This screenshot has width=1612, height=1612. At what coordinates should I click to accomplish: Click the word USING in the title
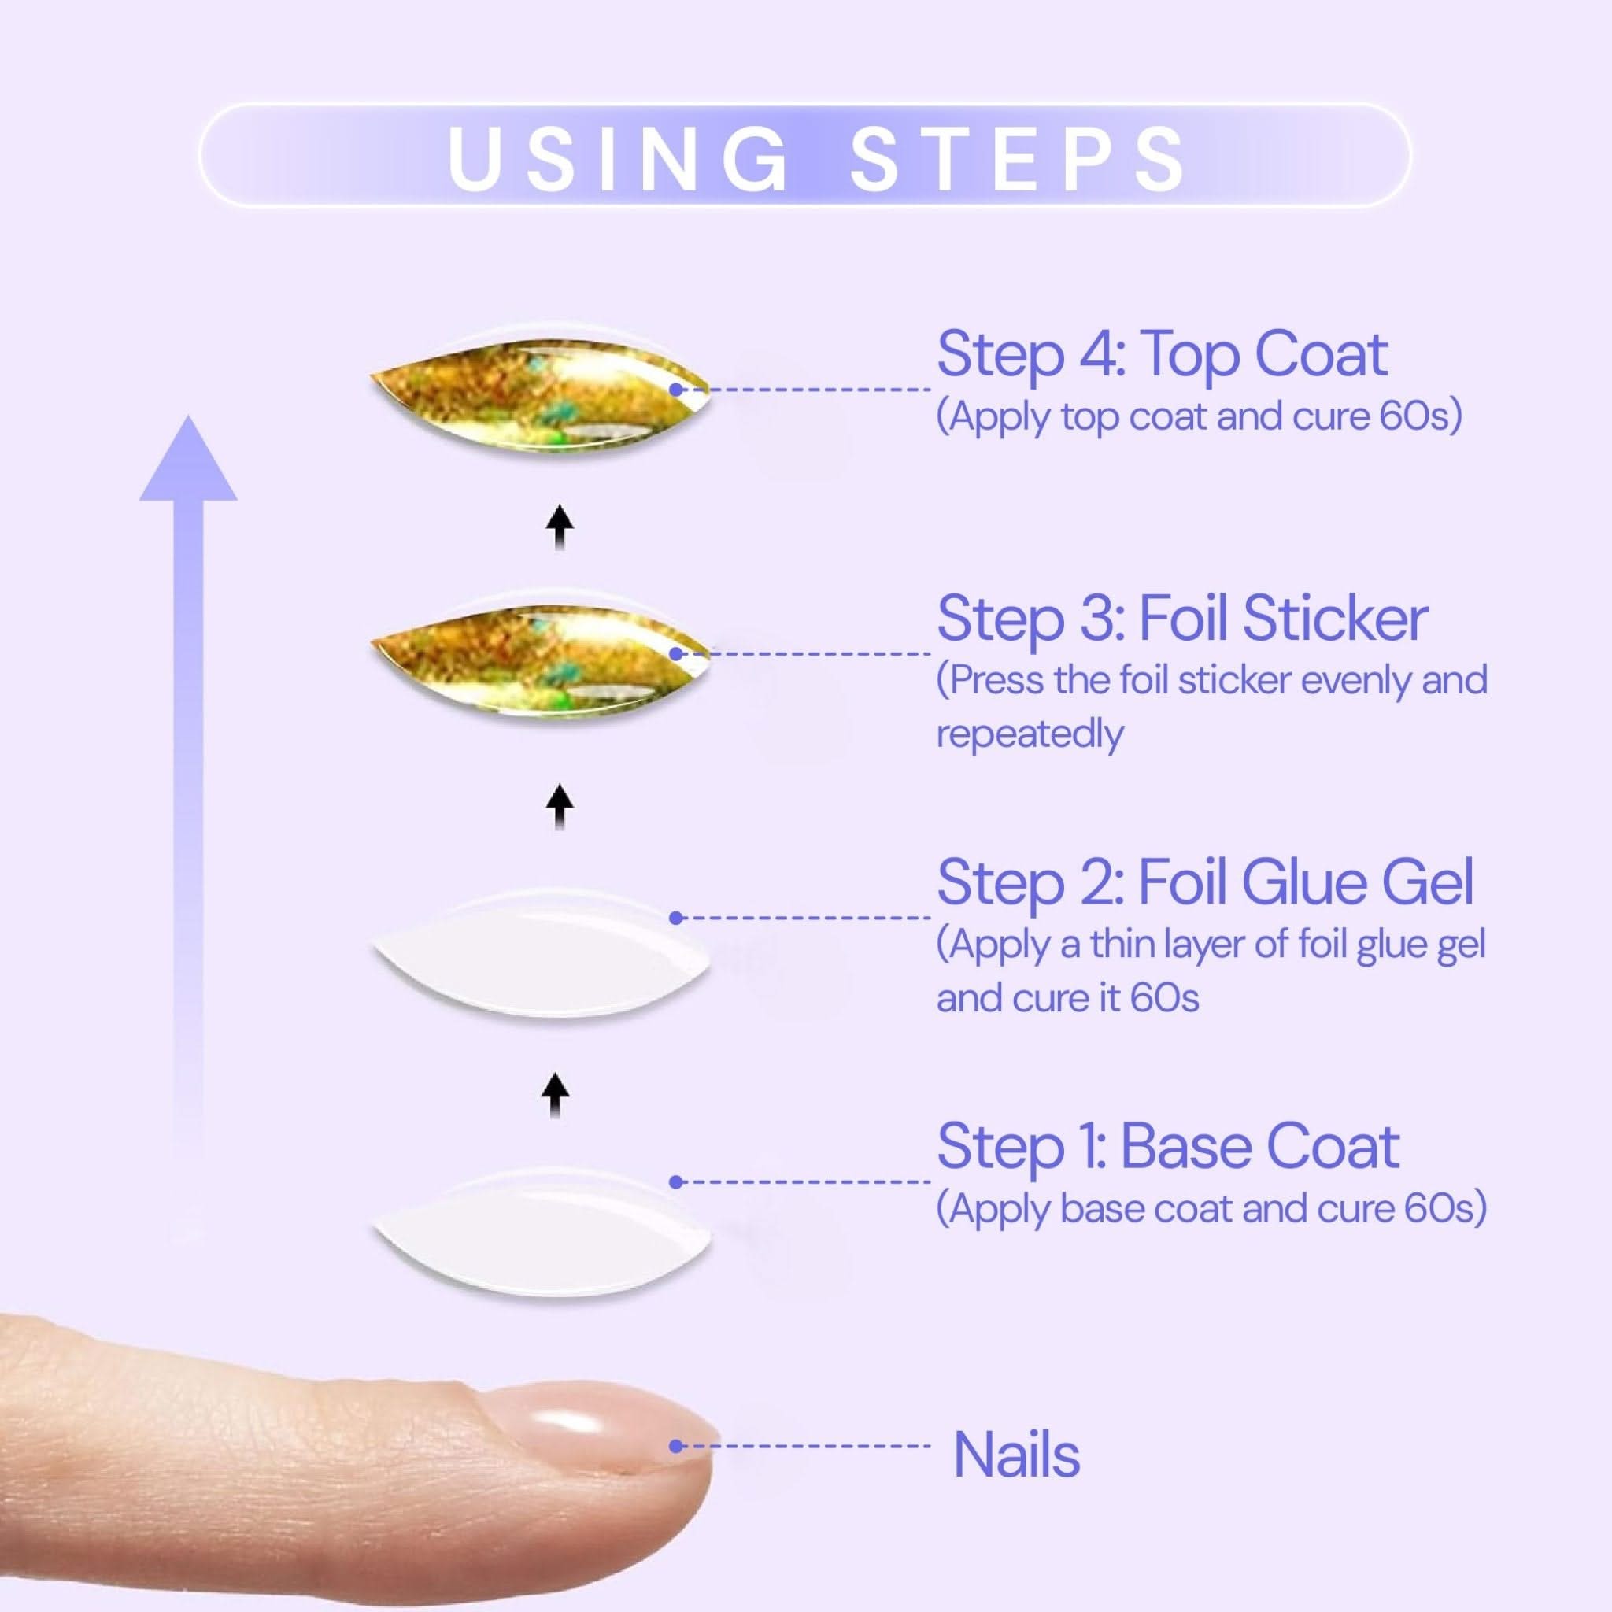pos(617,158)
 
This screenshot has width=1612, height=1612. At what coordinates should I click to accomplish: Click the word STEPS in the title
pos(1018,158)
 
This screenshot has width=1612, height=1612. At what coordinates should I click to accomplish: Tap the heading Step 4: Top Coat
pos(1162,355)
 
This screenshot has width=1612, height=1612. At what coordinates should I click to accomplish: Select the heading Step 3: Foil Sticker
pos(1182,619)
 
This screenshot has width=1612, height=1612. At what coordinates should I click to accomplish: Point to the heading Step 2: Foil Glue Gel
pos(1205,883)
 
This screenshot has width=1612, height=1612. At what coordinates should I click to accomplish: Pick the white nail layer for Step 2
pos(541,953)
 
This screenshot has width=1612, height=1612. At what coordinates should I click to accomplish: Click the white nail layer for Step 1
pos(541,1233)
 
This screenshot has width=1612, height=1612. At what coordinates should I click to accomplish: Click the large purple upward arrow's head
pos(188,463)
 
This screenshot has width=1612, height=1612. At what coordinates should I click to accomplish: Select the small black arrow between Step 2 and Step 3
pos(560,805)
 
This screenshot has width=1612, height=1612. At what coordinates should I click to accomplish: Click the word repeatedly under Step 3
pos(1030,734)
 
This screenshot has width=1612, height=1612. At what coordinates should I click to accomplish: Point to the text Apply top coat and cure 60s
pos(1199,416)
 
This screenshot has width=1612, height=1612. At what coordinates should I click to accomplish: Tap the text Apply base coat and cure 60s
pos(1211,1208)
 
